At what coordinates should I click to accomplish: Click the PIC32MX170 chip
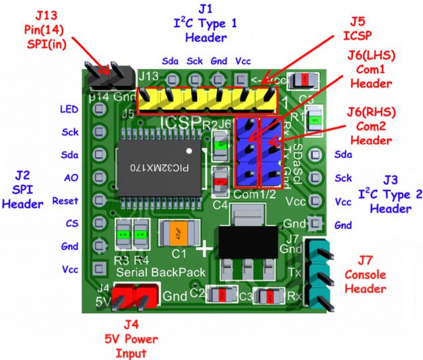coord(156,168)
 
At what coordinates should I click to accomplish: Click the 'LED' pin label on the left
coord(68,109)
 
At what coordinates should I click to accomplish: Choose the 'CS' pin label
coord(71,223)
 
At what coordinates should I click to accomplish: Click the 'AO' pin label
coord(71,178)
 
